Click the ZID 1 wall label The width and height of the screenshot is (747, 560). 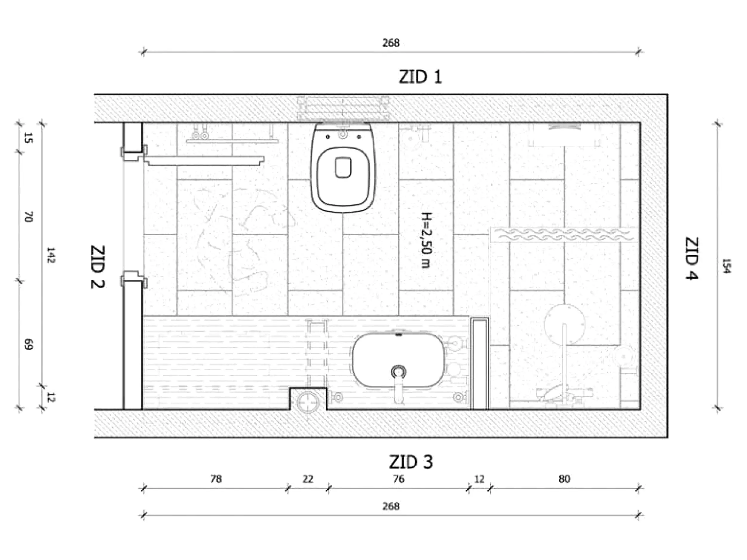point(420,77)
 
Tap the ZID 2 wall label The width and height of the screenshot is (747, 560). point(98,267)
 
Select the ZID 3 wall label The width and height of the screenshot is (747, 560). point(411,462)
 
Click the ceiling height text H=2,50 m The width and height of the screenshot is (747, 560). point(427,240)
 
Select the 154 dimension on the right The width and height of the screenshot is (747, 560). point(726,266)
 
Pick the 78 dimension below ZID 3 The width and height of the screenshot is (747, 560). point(216,479)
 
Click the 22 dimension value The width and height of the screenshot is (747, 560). point(308,479)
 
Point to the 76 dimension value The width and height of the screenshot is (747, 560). point(399,479)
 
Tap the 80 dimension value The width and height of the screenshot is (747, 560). point(565,479)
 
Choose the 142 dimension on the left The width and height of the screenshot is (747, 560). point(51,255)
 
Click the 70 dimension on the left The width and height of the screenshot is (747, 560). point(29,217)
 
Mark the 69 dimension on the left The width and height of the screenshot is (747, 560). point(29,345)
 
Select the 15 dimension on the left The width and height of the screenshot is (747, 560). point(29,138)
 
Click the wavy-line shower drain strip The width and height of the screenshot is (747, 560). point(563,234)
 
